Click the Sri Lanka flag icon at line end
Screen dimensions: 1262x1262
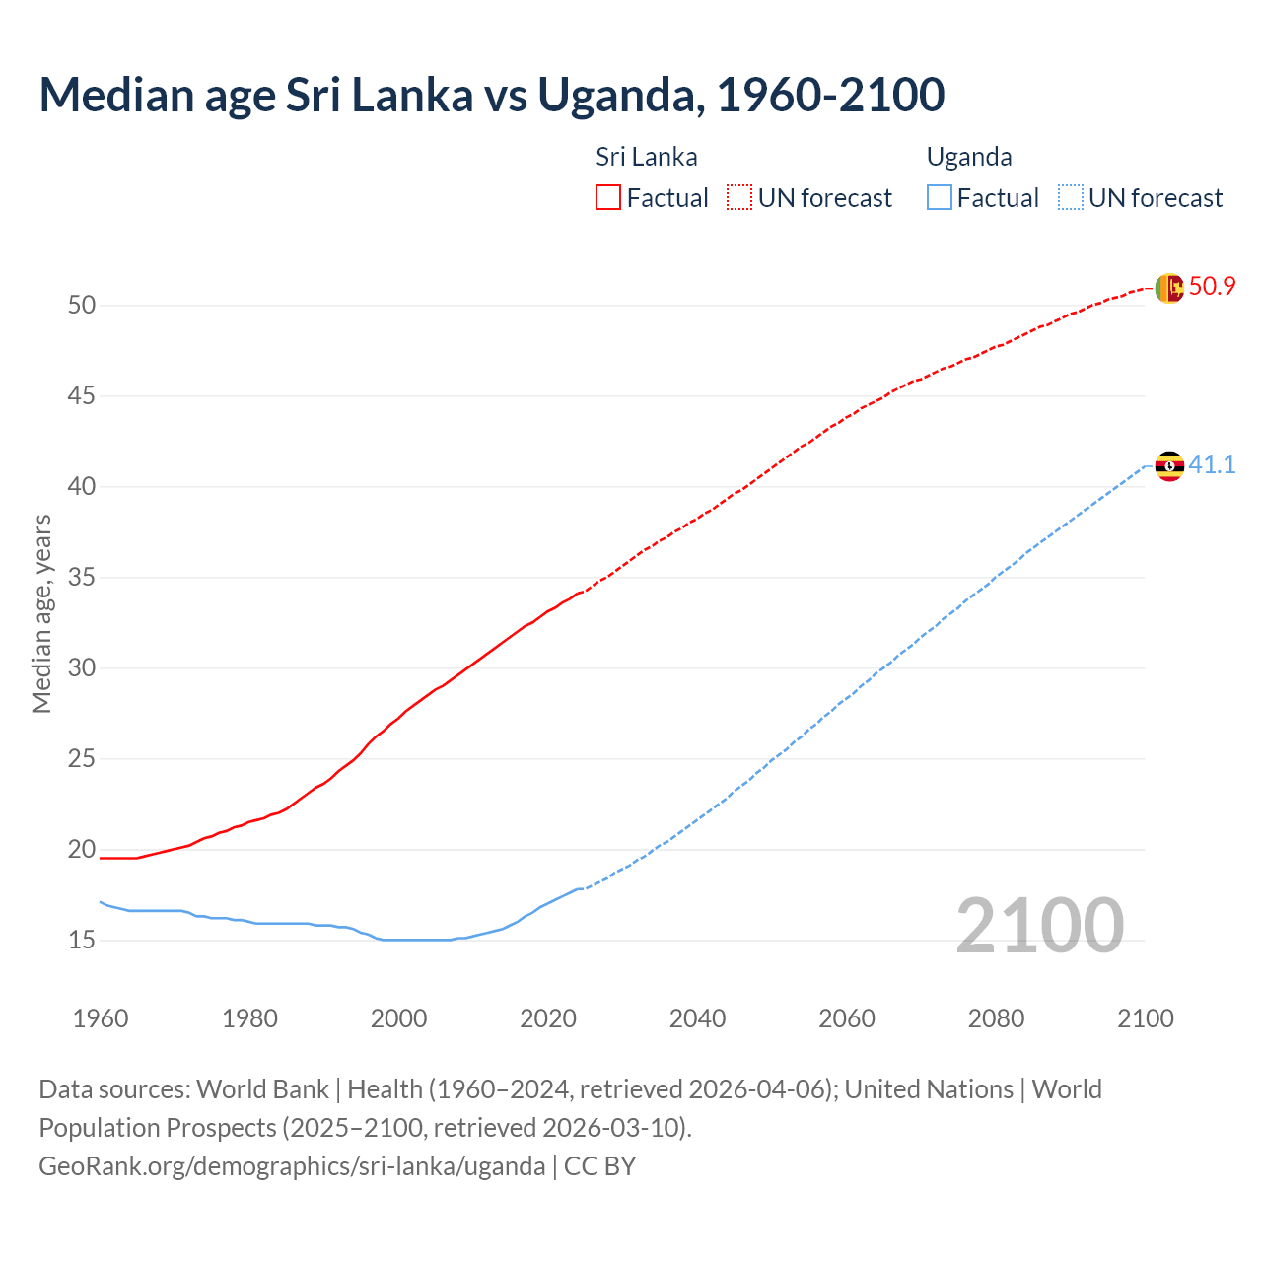click(x=1168, y=288)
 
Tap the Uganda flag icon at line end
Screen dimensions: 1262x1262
click(x=1168, y=465)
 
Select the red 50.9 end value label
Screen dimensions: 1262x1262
click(x=1212, y=287)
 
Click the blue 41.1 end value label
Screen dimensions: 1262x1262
click(x=1212, y=464)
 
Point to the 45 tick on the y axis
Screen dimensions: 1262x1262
click(x=82, y=396)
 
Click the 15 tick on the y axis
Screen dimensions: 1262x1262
click(x=82, y=941)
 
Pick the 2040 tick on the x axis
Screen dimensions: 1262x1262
click(x=697, y=1018)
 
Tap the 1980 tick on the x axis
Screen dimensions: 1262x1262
click(x=249, y=1018)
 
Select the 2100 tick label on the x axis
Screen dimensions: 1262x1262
click(x=1145, y=1018)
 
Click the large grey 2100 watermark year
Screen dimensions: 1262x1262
click(x=1039, y=926)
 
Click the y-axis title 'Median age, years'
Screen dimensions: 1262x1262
click(x=41, y=613)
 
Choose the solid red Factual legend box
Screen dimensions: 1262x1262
click(x=608, y=198)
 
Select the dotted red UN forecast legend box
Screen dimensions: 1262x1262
click(x=739, y=198)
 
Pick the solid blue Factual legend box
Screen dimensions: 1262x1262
click(x=940, y=198)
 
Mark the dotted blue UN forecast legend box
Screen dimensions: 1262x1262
click(x=1071, y=198)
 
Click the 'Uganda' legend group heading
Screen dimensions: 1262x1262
click(x=969, y=157)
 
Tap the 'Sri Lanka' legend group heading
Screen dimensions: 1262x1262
click(x=647, y=157)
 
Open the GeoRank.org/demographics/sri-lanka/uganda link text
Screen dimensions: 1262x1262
click(x=292, y=1166)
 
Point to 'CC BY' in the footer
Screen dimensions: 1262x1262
click(x=599, y=1166)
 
